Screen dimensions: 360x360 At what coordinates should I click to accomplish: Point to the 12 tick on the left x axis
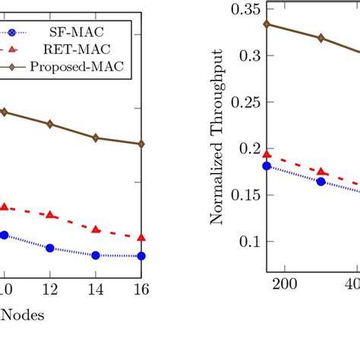(49, 289)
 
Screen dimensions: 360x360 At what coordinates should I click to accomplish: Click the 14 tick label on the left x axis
(96, 289)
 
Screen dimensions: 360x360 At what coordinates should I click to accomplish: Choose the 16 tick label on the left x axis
(141, 289)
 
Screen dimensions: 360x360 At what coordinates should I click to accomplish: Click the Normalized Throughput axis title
(217, 137)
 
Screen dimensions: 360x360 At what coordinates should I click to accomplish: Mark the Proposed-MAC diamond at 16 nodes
(142, 144)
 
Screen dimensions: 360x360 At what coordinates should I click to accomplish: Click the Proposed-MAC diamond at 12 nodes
(50, 124)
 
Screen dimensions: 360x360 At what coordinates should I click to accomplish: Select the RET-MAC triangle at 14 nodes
(96, 229)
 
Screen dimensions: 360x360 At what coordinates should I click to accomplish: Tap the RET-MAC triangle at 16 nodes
(142, 238)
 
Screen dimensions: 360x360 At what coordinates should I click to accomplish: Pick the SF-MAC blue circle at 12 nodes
(50, 248)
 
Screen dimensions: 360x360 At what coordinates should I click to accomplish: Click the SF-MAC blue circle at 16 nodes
(142, 256)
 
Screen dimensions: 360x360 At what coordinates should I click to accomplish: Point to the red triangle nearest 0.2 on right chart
(267, 154)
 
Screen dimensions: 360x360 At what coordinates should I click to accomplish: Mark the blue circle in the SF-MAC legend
(11, 33)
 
